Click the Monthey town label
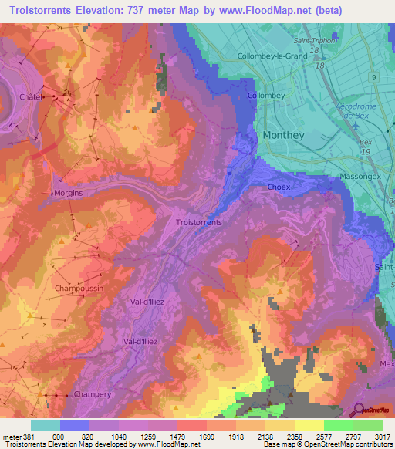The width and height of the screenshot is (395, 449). [284, 135]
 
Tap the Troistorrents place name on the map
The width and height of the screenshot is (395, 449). [199, 222]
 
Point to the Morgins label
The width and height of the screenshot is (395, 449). [68, 193]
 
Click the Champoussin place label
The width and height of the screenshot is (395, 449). [79, 288]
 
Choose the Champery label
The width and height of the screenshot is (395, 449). [93, 394]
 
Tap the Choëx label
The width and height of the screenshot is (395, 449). [279, 187]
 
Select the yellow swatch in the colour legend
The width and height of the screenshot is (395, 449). [309, 425]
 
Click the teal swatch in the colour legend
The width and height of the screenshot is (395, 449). [46, 425]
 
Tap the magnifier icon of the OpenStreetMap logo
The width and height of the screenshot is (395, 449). [359, 410]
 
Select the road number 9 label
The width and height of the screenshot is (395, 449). [373, 78]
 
